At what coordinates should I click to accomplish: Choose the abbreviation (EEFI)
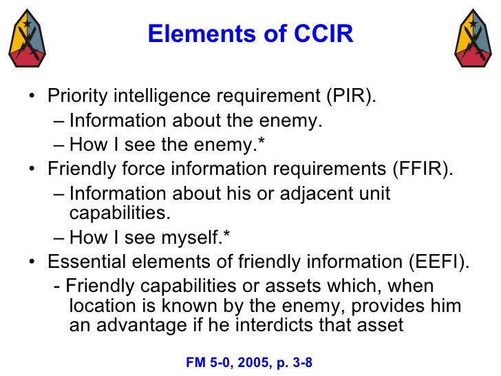[x=441, y=264]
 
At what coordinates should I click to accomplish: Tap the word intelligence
[x=144, y=96]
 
